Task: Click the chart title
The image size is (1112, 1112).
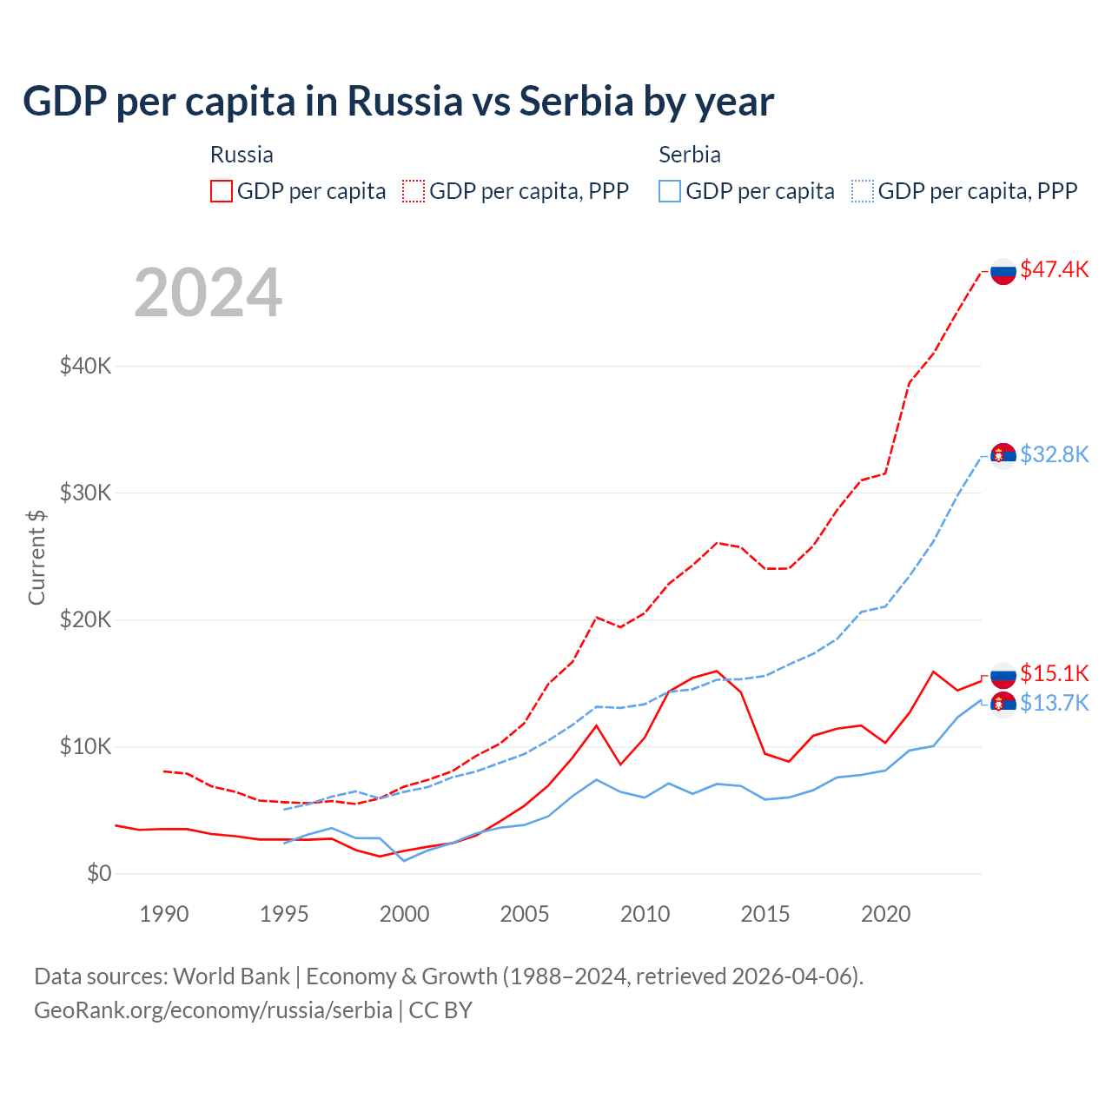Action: point(398,102)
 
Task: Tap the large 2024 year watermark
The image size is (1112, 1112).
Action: point(208,293)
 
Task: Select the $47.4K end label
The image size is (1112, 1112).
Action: point(1054,269)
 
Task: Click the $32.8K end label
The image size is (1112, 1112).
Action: point(1054,454)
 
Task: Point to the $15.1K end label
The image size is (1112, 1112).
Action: point(1054,673)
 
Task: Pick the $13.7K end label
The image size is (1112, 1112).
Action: point(1054,703)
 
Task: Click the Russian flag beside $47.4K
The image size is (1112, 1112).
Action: point(1003,272)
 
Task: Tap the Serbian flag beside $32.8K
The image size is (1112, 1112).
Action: point(1003,455)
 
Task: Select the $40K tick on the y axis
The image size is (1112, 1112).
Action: point(85,366)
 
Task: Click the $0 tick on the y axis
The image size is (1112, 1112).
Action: point(99,873)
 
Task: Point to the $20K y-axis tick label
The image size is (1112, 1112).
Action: point(85,619)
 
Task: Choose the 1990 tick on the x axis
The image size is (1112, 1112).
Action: point(164,914)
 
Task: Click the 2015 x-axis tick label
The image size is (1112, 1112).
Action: point(765,914)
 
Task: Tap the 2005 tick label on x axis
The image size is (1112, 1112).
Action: point(525,914)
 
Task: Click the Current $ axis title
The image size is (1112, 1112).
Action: point(36,557)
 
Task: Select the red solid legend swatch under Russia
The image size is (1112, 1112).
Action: point(222,191)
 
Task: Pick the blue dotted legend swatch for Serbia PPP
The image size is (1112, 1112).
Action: point(863,191)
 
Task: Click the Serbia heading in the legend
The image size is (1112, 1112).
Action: point(690,155)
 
